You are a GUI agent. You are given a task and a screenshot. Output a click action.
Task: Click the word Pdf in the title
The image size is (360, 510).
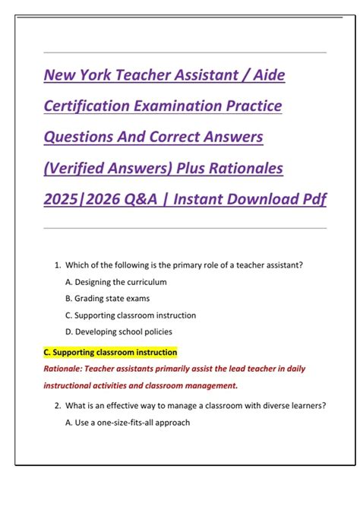point(313,198)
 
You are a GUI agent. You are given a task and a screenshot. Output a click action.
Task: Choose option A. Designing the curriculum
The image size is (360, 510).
point(115,282)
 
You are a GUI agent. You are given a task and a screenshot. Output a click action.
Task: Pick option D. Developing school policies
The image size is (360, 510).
point(118,331)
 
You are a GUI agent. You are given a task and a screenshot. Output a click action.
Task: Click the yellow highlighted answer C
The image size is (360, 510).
point(111,353)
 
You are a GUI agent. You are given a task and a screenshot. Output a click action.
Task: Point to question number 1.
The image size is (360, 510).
point(58,265)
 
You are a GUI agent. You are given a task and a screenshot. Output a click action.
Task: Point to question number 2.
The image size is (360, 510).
point(58,406)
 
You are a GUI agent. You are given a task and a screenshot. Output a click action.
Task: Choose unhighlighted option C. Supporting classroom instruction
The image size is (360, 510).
point(130,315)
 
